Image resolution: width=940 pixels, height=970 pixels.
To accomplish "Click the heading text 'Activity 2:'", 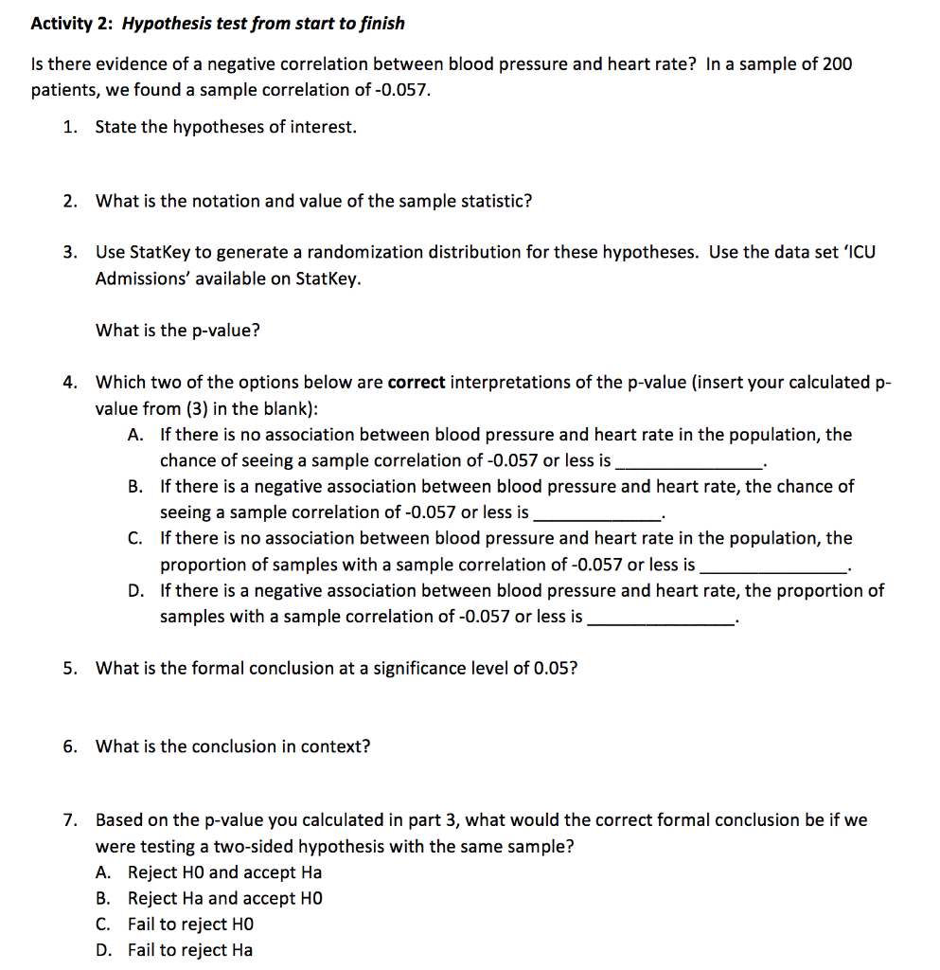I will coord(73,23).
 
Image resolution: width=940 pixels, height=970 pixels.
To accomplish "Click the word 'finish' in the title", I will coord(381,23).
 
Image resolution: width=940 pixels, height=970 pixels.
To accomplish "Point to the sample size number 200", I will coord(836,63).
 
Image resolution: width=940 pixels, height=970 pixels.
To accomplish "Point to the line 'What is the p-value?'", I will coord(178,330).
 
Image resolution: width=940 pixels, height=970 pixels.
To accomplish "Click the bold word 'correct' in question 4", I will coord(417,383).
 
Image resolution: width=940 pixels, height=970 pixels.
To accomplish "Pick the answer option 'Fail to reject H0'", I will coord(190,924).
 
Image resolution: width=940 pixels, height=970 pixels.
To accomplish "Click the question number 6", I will coord(70,746).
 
